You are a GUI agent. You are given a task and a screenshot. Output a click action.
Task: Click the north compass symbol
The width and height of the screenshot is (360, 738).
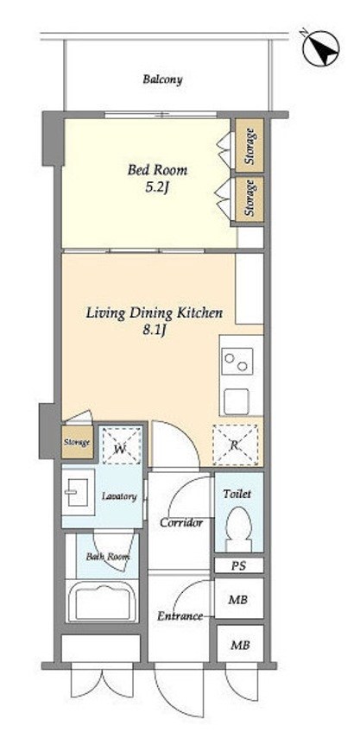pyautogui.click(x=320, y=48)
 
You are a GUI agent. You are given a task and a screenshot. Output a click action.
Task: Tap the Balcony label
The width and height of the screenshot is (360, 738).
pyautogui.click(x=162, y=79)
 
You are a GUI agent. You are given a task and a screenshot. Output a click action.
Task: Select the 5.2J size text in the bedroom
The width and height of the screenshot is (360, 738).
pyautogui.click(x=157, y=187)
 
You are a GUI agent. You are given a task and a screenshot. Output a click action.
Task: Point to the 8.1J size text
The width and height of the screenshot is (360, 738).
pyautogui.click(x=155, y=330)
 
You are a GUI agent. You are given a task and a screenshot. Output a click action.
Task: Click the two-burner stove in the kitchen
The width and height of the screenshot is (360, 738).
pyautogui.click(x=237, y=361)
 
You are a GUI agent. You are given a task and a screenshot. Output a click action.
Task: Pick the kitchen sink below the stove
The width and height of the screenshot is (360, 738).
pyautogui.click(x=237, y=402)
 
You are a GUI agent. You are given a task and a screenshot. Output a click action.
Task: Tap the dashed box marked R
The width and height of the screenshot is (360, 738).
pyautogui.click(x=236, y=445)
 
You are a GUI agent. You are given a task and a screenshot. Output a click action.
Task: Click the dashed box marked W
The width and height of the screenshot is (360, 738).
pyautogui.click(x=122, y=445)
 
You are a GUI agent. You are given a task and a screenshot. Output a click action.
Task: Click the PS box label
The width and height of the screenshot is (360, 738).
pyautogui.click(x=238, y=565)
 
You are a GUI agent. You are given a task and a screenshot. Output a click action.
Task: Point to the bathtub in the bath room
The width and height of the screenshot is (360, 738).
pyautogui.click(x=102, y=602)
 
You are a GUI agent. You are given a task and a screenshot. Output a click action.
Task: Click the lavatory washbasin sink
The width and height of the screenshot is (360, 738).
pyautogui.click(x=78, y=492)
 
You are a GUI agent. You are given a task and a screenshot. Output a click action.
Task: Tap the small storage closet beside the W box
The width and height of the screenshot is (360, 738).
pyautogui.click(x=77, y=442)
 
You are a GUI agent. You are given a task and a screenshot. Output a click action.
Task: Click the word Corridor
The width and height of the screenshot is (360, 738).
pyautogui.click(x=181, y=522)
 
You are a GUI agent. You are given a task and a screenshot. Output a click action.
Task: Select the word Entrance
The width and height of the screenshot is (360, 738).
pyautogui.click(x=180, y=616)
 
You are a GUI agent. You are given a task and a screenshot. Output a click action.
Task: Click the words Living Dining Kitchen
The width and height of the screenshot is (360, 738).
pyautogui.click(x=154, y=313)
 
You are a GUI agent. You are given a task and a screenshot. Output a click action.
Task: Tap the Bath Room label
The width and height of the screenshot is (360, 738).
pyautogui.click(x=108, y=557)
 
